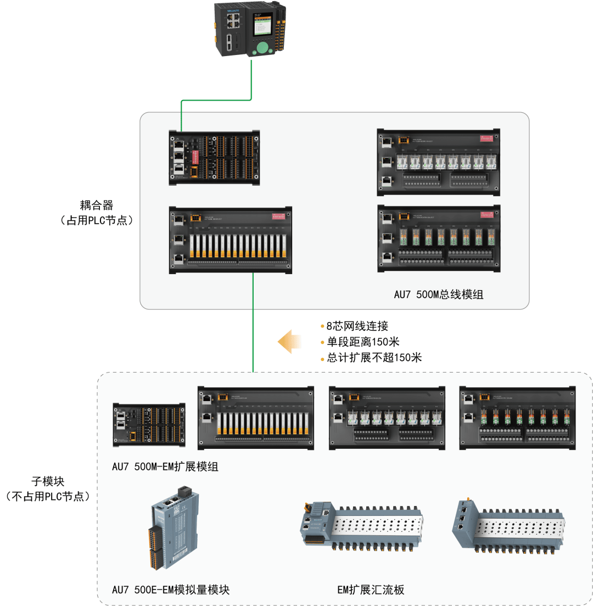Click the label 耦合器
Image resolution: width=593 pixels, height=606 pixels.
tap(97, 205)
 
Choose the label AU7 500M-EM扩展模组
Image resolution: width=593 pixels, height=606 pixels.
tap(165, 468)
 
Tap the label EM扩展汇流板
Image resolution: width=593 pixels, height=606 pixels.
tap(371, 590)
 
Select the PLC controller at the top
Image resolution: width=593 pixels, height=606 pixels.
tap(250, 29)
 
